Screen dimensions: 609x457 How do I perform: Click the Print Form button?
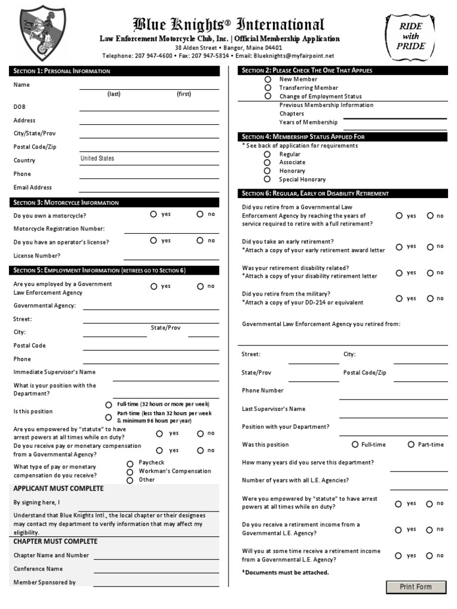(x=416, y=587)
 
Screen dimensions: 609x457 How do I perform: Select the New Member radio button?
(x=268, y=79)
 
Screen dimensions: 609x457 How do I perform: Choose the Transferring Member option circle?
(x=268, y=87)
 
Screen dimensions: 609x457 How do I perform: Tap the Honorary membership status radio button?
(x=267, y=171)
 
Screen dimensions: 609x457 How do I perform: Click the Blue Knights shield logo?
(x=43, y=33)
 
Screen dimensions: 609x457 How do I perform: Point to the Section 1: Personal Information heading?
(x=62, y=71)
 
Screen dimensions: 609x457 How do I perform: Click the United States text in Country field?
(x=98, y=159)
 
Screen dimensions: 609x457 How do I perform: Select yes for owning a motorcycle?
(x=154, y=214)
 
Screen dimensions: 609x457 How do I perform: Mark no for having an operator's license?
(x=200, y=241)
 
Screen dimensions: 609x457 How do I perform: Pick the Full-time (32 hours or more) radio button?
(x=108, y=404)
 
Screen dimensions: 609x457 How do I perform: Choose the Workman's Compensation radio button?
(x=130, y=472)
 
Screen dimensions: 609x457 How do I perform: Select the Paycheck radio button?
(x=130, y=463)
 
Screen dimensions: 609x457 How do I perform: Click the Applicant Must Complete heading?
(x=58, y=489)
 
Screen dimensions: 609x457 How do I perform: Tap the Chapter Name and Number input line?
(x=156, y=555)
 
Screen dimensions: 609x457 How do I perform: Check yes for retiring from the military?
(x=399, y=299)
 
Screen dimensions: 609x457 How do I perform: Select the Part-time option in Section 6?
(x=411, y=444)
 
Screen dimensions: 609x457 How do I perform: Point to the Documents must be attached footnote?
(x=285, y=572)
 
